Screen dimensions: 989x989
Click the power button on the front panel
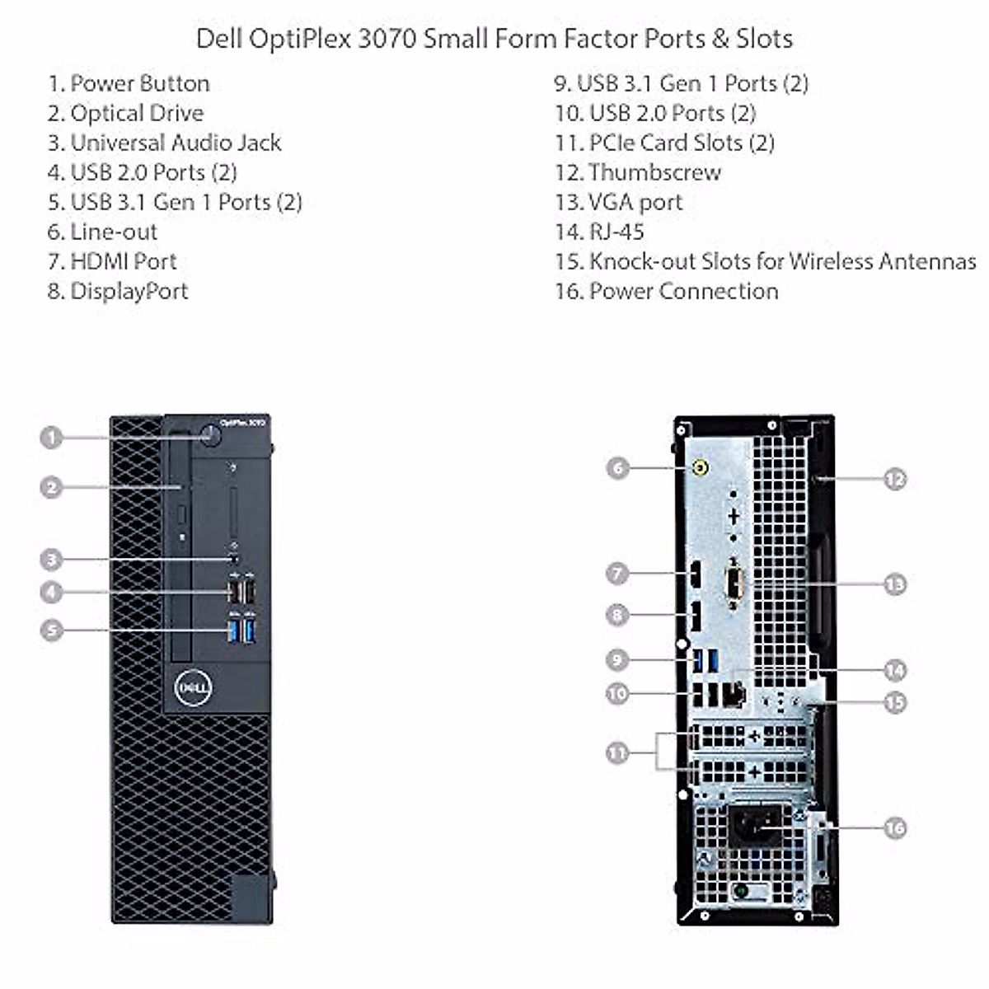coord(213,435)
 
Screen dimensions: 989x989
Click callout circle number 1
coord(52,437)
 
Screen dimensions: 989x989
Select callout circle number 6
coord(617,468)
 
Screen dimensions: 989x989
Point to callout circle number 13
coord(895,584)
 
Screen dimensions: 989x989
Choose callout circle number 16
coord(895,827)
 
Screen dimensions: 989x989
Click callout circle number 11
coord(617,752)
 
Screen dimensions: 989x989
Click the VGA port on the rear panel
coord(734,586)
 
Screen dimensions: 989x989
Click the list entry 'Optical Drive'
coord(126,113)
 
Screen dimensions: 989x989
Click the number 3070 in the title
coord(387,39)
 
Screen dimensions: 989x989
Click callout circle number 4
coord(52,591)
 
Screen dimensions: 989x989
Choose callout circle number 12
coord(895,479)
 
